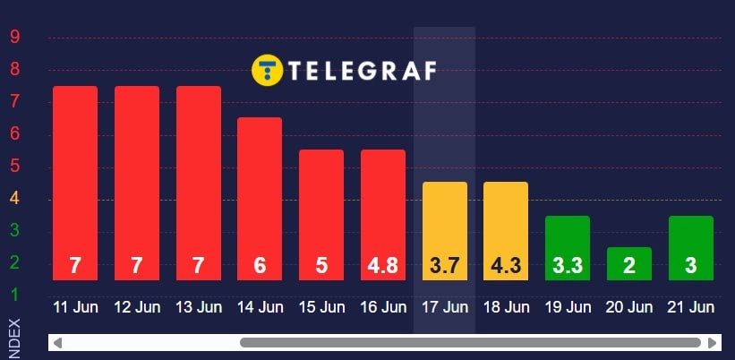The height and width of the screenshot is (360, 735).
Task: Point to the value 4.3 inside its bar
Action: click(x=506, y=266)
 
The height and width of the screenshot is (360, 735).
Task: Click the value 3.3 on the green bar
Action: click(x=568, y=266)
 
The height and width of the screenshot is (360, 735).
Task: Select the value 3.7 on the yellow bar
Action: click(x=445, y=266)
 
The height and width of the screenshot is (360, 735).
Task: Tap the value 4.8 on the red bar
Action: click(x=383, y=266)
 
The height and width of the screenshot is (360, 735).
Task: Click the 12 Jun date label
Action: click(x=137, y=307)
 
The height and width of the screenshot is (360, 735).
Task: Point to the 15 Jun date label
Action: click(x=321, y=307)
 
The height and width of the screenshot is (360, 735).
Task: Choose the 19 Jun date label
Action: click(x=568, y=307)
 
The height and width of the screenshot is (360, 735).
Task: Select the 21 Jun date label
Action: click(x=691, y=307)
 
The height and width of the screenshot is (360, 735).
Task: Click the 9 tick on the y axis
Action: click(x=15, y=37)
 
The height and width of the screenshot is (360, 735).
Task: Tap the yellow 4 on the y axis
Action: click(x=15, y=199)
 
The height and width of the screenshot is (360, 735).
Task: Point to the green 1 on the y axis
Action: click(x=15, y=295)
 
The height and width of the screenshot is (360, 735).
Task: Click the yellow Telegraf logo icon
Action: click(x=267, y=70)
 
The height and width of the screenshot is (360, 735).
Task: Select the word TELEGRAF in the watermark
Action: click(x=363, y=70)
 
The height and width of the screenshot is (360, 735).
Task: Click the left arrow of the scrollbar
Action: click(x=56, y=342)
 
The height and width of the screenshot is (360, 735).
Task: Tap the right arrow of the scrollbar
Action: click(x=713, y=342)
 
